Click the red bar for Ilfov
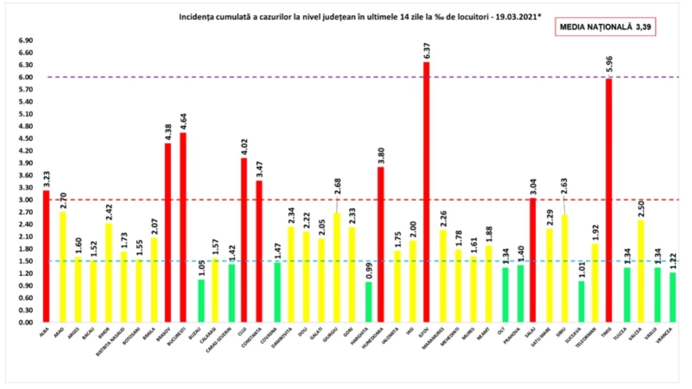(426, 192)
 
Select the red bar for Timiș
(609, 201)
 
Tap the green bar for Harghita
(368, 302)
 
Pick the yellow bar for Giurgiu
(337, 268)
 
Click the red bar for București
(183, 227)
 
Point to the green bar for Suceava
(582, 302)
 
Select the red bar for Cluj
(244, 240)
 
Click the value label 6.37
(427, 51)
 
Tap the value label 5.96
(609, 64)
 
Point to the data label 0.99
(369, 271)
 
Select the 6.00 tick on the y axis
(26, 77)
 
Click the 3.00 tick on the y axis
(26, 200)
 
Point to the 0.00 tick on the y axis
(26, 322)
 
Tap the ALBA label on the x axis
(44, 332)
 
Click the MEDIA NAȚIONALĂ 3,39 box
(605, 27)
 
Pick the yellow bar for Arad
(63, 267)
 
